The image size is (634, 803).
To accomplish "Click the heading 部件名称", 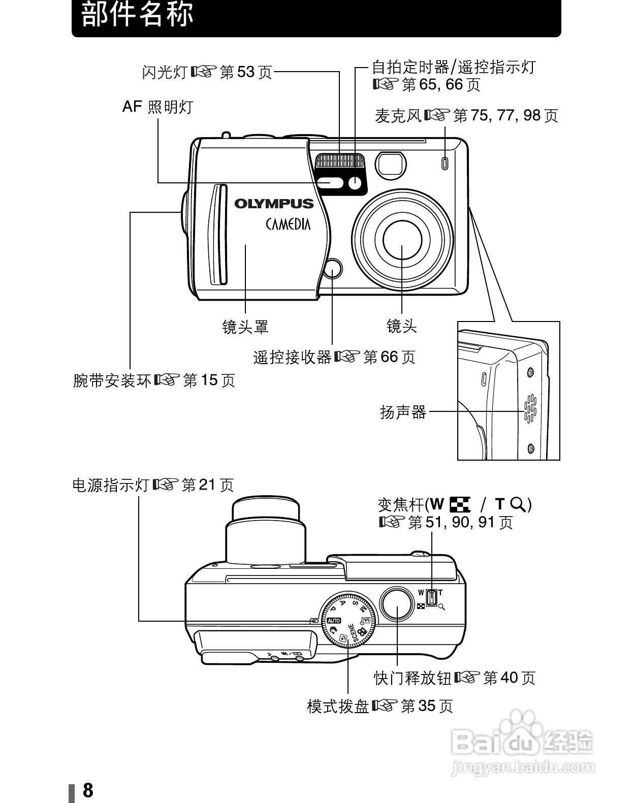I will tap(138, 15).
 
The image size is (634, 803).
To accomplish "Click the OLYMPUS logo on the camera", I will tap(274, 204).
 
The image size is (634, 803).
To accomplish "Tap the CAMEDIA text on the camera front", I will tap(288, 223).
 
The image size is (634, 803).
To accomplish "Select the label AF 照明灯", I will tap(158, 107).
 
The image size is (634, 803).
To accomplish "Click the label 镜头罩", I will tap(245, 327).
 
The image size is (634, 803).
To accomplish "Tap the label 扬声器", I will tap(403, 412).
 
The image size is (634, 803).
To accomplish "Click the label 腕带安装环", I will tap(112, 380).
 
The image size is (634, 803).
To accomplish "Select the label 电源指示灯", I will tap(111, 486).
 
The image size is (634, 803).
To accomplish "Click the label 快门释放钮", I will tap(413, 678).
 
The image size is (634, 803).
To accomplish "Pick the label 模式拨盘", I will tap(338, 706).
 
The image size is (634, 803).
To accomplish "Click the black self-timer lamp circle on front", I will tap(355, 184).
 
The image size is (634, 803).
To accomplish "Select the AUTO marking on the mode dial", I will tap(334, 621).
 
